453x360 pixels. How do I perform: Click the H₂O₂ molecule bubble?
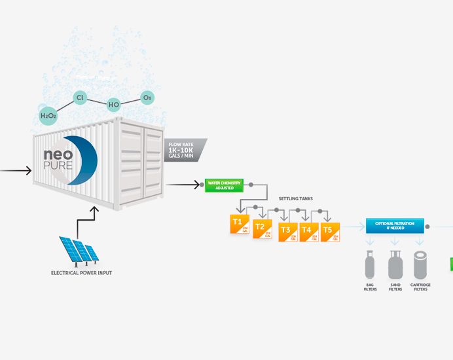tap(48, 116)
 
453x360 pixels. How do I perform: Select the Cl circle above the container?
tap(80, 98)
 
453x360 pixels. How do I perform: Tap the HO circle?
tap(115, 103)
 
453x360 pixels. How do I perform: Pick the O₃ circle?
tap(147, 98)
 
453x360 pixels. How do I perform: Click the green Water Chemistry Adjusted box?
tap(225, 185)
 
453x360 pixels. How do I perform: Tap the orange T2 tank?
tap(261, 228)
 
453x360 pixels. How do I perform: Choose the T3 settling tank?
tap(287, 232)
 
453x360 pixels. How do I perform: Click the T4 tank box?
tap(308, 232)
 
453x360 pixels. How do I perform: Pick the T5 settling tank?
tap(330, 232)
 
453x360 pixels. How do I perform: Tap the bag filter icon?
tap(370, 266)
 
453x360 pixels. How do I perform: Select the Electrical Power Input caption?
tap(81, 272)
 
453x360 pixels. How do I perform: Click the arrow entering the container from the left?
tap(16, 171)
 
